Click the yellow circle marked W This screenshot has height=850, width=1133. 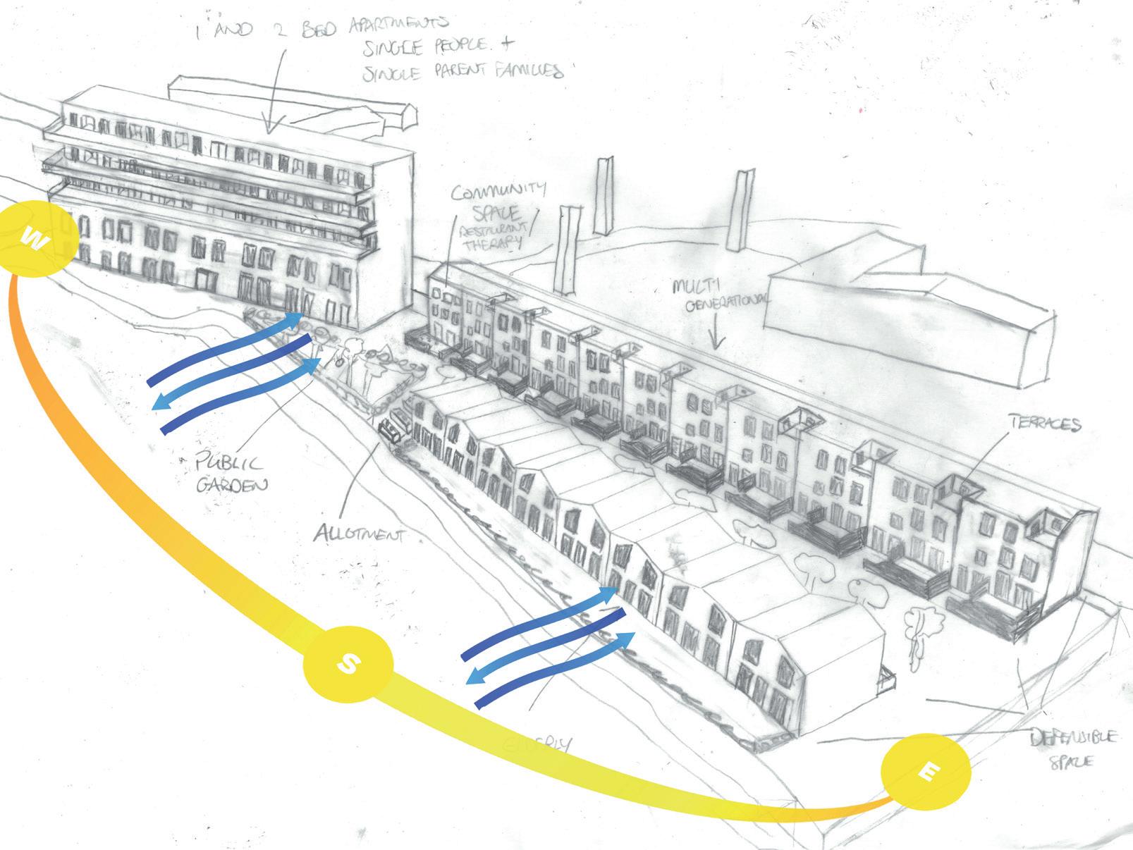click(x=37, y=240)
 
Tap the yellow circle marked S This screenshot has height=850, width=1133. click(x=348, y=664)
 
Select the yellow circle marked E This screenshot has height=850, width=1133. click(x=926, y=772)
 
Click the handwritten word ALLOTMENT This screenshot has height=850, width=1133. click(x=359, y=535)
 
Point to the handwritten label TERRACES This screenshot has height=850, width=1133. click(x=1045, y=424)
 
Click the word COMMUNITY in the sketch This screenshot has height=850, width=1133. click(x=498, y=190)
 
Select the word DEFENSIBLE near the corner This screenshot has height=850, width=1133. click(x=1074, y=738)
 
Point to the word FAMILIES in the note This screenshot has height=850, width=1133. click(x=525, y=71)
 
